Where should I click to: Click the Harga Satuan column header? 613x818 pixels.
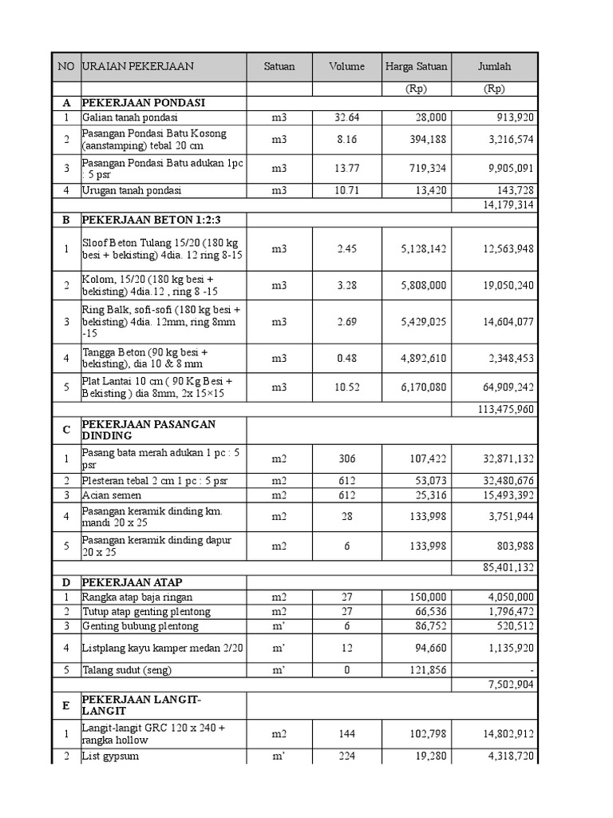click(x=416, y=67)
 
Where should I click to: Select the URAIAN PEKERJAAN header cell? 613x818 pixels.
click(x=137, y=67)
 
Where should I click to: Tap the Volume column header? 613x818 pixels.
click(x=346, y=67)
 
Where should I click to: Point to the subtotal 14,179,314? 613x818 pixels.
click(x=507, y=205)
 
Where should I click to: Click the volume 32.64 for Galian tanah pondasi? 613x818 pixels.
click(x=346, y=117)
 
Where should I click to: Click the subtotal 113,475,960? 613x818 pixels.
click(x=504, y=410)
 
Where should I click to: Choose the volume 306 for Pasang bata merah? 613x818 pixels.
click(x=346, y=459)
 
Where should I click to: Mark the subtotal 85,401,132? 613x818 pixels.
click(x=506, y=567)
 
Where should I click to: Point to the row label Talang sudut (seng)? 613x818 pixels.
click(x=127, y=670)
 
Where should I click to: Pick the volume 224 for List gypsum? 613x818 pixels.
click(x=346, y=756)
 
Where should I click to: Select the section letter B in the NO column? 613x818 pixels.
click(x=66, y=220)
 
